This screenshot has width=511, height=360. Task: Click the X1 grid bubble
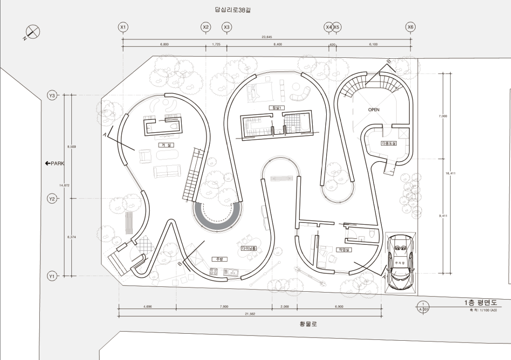pos(123,27)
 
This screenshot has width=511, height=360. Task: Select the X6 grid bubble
pos(410,27)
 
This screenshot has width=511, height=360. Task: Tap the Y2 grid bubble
pos(52,198)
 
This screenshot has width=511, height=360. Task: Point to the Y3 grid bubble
pos(52,95)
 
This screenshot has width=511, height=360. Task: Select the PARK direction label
pos(55,163)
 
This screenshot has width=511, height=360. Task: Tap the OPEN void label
pos(374,109)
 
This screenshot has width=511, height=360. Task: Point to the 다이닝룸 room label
pos(248,248)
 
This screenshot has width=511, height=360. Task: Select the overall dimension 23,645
pos(267,37)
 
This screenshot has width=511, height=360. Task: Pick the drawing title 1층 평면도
pos(481,303)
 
